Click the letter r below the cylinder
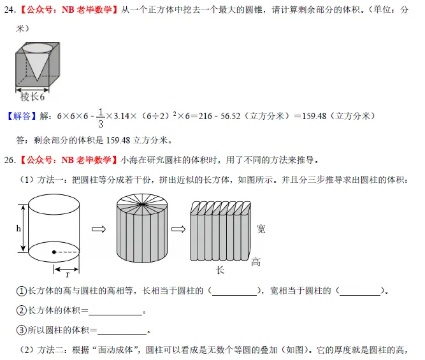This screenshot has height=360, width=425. (x=68, y=273)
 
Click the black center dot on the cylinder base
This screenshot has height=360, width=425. (x=54, y=252)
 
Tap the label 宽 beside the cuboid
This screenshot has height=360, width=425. (x=261, y=229)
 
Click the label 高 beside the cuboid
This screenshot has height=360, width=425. (x=256, y=262)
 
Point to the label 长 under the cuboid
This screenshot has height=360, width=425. (x=220, y=270)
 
